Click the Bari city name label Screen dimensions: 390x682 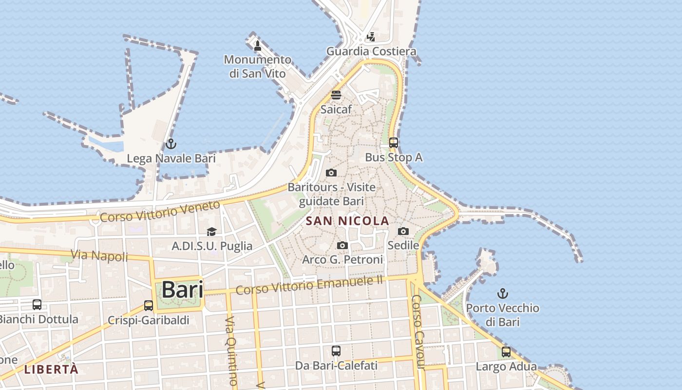182,290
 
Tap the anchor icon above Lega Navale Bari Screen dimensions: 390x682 170,144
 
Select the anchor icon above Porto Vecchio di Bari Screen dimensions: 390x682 502,293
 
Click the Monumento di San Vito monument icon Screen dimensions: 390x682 258,46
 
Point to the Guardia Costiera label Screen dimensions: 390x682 371,51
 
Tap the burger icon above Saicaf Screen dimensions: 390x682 336,95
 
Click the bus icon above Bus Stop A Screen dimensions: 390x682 394,143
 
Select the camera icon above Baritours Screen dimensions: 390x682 331,173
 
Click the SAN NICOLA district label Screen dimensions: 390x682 347,221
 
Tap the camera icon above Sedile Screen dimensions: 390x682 403,231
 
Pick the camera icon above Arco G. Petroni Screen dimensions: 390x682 342,245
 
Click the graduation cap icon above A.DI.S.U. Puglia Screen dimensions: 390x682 211,232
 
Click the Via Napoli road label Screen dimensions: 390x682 99,255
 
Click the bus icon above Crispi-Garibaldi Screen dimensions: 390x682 149,306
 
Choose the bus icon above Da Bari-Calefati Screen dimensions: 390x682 336,351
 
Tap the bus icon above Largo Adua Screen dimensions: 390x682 506,352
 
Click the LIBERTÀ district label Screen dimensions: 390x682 51,369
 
